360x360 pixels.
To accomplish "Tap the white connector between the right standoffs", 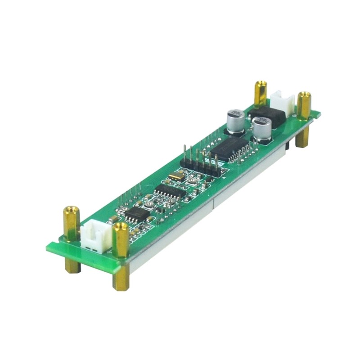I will click(x=281, y=103).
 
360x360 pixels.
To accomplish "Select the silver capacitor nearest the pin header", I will click(x=236, y=121).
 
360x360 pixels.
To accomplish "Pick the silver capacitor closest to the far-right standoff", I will click(x=262, y=129).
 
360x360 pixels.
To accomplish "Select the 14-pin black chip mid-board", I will click(x=170, y=193).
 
